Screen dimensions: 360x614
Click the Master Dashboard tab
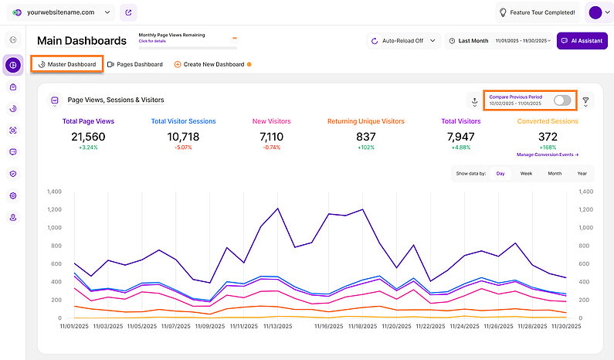pyautogui.click(x=67, y=64)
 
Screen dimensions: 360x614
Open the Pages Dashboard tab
pyautogui.click(x=135, y=64)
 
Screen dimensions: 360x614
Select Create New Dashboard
pyautogui.click(x=209, y=64)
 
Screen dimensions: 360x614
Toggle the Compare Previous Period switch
pyautogui.click(x=563, y=100)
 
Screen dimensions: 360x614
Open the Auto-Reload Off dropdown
pyautogui.click(x=402, y=40)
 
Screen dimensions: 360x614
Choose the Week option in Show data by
pyautogui.click(x=526, y=174)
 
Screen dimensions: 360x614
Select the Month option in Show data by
pyautogui.click(x=555, y=174)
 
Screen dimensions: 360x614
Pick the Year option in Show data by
pyautogui.click(x=582, y=174)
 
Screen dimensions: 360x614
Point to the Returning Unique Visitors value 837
pyautogui.click(x=365, y=136)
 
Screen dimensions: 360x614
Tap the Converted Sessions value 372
pyautogui.click(x=548, y=136)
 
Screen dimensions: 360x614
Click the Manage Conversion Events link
pyautogui.click(x=548, y=155)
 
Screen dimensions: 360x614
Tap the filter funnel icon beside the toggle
pyautogui.click(x=585, y=101)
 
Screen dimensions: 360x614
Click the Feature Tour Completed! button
pyautogui.click(x=537, y=12)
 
